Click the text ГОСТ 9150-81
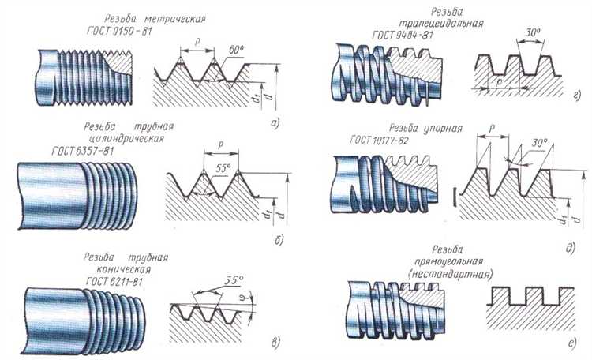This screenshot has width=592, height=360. pos(119,31)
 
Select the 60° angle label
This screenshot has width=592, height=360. pos(236,50)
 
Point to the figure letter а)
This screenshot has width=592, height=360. pos(275,122)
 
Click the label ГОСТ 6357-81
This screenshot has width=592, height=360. pos(83,151)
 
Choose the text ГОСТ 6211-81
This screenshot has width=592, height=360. pos(114,281)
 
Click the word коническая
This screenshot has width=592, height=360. pos(123,269)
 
